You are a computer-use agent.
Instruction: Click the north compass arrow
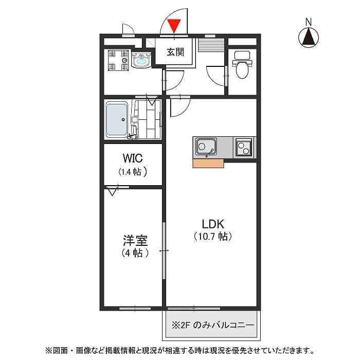309,37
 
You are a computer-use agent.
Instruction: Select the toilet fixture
241,67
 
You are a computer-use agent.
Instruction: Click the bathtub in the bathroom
117,120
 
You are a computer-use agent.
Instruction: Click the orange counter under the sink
208,164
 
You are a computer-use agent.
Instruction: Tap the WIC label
133,157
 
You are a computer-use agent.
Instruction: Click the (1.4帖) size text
133,172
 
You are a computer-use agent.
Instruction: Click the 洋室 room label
135,240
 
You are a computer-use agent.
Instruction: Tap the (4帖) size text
135,253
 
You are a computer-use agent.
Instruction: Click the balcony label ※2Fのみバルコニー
212,326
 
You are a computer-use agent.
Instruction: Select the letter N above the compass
309,22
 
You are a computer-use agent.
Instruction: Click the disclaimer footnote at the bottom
180,350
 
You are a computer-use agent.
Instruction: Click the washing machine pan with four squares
118,60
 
